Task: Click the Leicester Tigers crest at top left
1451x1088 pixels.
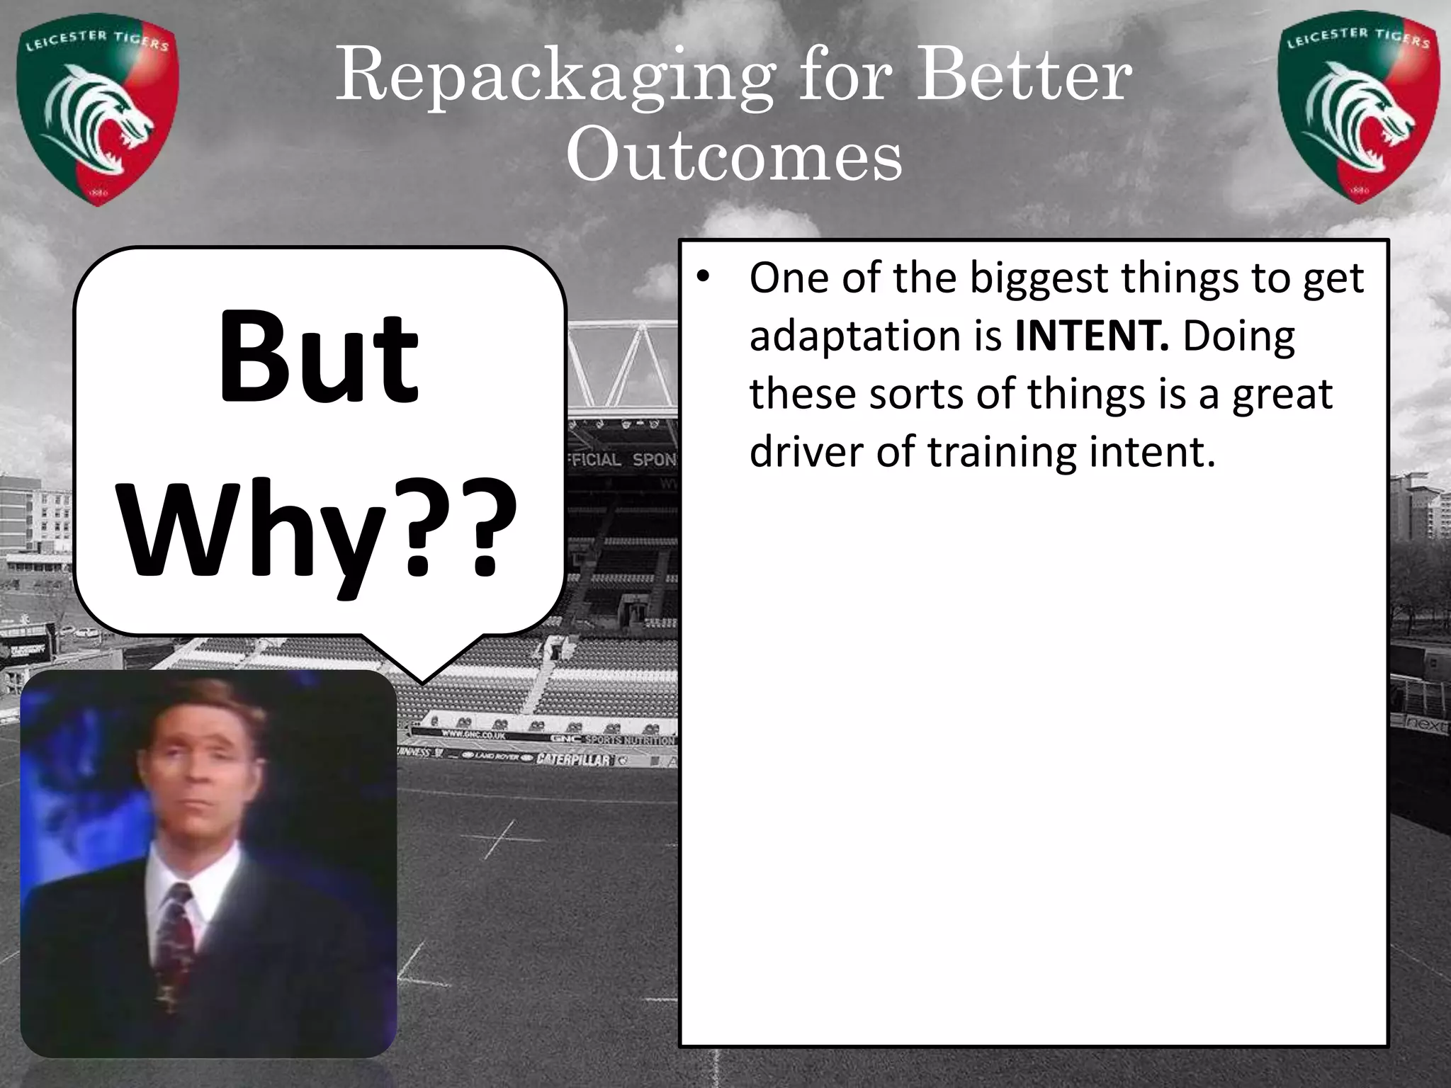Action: [98, 113]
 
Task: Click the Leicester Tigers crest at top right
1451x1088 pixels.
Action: [1359, 110]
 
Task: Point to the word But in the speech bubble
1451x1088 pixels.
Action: [319, 358]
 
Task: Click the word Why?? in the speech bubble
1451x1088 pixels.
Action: [319, 528]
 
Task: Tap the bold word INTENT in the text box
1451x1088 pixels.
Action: [1090, 336]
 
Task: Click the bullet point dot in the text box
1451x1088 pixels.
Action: [702, 278]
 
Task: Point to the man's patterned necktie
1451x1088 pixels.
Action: [174, 935]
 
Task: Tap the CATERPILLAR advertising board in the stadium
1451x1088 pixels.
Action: [572, 760]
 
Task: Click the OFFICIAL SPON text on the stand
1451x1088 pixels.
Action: [620, 459]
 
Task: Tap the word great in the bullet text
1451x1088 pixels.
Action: [1282, 394]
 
